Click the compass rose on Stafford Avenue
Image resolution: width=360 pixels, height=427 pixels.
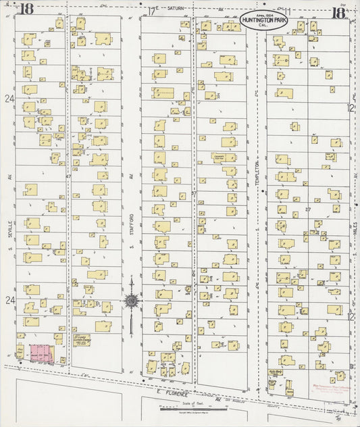point(132,301)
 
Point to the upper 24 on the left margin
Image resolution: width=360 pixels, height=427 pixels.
point(9,99)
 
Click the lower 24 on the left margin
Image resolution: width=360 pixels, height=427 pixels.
point(9,299)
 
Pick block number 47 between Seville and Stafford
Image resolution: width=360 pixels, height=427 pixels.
point(68,176)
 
